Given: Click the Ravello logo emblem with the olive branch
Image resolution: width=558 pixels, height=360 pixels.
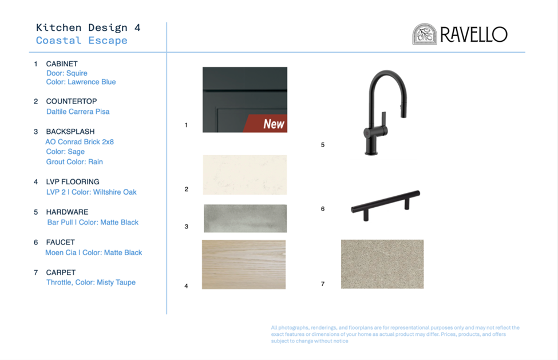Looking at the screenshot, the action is pyautogui.click(x=425, y=34).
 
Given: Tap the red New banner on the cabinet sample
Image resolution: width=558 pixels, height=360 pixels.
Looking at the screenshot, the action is pyautogui.click(x=267, y=124).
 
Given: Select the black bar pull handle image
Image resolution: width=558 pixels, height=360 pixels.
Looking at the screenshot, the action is pyautogui.click(x=385, y=205).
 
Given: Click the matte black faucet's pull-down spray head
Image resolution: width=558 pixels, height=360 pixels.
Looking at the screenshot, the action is pyautogui.click(x=404, y=106).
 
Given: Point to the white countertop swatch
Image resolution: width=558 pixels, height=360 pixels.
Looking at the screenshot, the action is pyautogui.click(x=245, y=175).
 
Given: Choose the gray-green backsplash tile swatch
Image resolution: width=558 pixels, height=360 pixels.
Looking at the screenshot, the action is pyautogui.click(x=245, y=219).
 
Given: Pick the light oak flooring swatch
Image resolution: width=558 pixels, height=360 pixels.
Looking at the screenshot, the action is pyautogui.click(x=244, y=264).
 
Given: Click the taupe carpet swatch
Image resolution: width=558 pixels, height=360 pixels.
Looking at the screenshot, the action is pyautogui.click(x=382, y=264).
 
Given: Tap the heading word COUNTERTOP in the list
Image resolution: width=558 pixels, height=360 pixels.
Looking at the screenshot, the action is pyautogui.click(x=72, y=101).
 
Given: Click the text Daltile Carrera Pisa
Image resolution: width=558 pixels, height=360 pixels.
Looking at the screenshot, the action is pyautogui.click(x=78, y=112).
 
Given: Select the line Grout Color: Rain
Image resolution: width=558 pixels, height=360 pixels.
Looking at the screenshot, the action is pyautogui.click(x=74, y=162).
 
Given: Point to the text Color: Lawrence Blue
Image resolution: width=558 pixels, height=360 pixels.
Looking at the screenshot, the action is pyautogui.click(x=81, y=82).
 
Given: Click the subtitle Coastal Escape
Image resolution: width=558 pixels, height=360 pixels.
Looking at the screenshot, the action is pyautogui.click(x=81, y=41).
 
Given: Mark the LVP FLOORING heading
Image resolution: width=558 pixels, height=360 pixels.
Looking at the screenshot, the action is pyautogui.click(x=73, y=182).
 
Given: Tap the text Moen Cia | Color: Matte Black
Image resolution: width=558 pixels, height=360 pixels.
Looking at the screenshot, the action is pyautogui.click(x=94, y=252).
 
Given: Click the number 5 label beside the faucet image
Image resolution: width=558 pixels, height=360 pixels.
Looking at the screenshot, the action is pyautogui.click(x=323, y=145).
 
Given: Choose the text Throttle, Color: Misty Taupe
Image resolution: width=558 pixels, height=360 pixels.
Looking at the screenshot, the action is pyautogui.click(x=91, y=283).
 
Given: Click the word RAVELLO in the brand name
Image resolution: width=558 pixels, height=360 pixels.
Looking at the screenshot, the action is pyautogui.click(x=474, y=34).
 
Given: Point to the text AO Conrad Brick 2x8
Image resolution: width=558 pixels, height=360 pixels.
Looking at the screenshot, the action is pyautogui.click(x=80, y=142).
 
